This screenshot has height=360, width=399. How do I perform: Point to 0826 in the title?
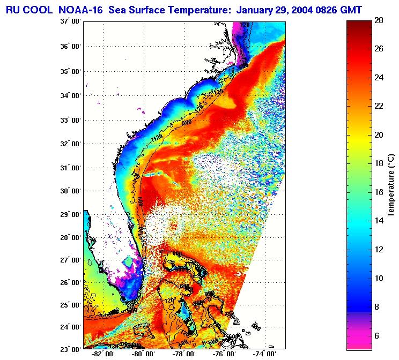tap(334, 10)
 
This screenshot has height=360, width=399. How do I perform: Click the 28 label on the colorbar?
tap(379, 20)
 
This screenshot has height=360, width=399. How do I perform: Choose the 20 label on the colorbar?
tap(379, 135)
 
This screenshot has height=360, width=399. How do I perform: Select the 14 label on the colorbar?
tap(379, 221)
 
